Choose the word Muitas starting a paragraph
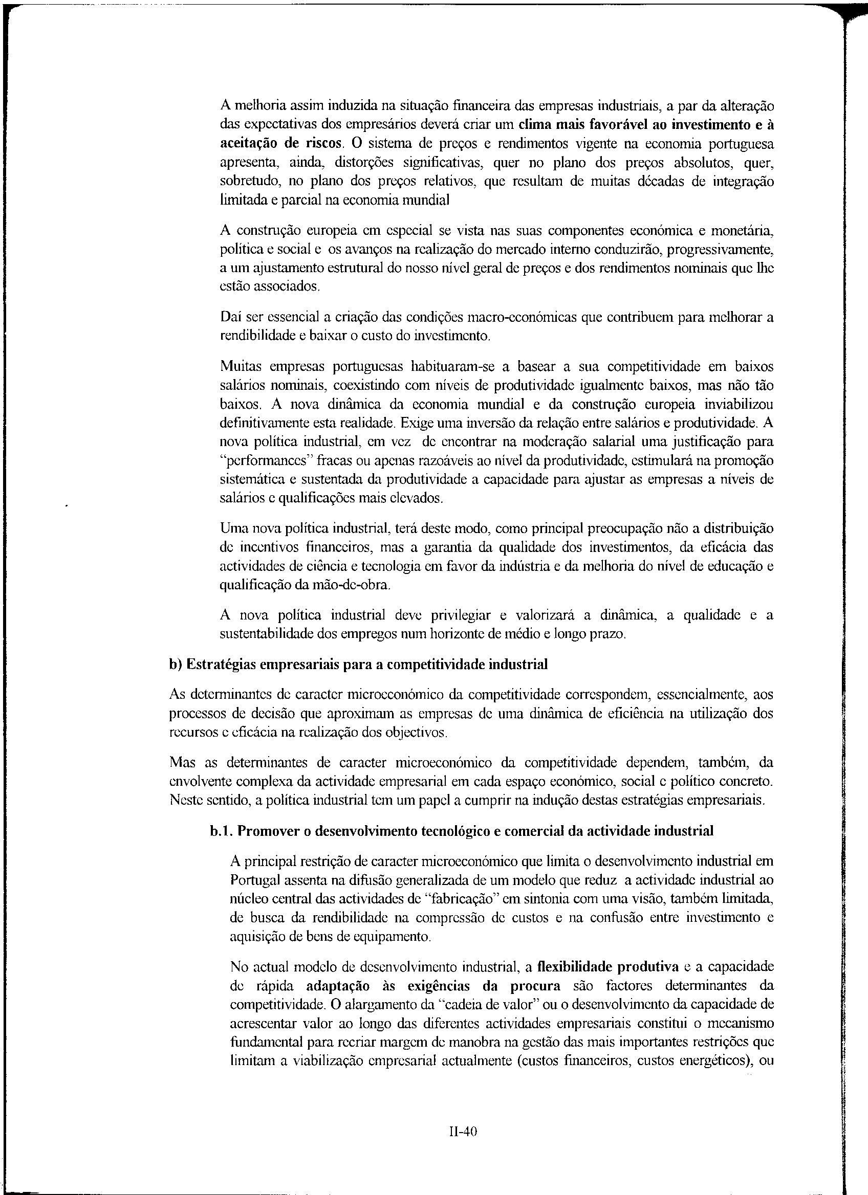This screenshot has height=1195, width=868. point(237,366)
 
